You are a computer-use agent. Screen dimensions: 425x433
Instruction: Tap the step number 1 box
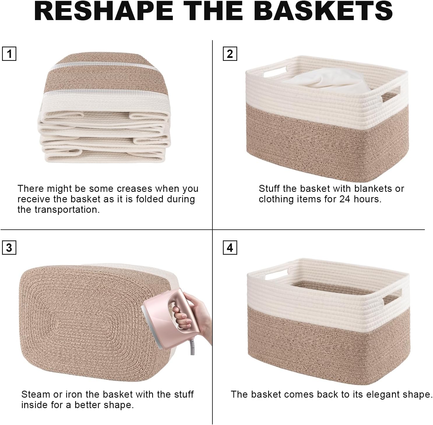point(9,54)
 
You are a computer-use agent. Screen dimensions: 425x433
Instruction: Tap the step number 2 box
point(230,54)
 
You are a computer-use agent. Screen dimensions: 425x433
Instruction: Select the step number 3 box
point(9,247)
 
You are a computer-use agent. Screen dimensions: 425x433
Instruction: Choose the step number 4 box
point(230,247)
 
